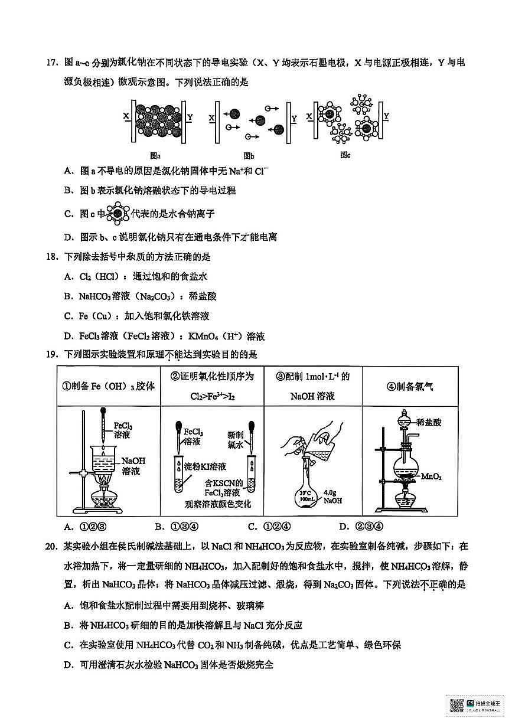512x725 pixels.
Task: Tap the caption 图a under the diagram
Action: click(x=155, y=156)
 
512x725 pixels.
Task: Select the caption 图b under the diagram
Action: click(x=248, y=156)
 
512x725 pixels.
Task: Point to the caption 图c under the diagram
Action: click(x=345, y=155)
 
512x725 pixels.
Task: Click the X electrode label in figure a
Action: click(x=126, y=117)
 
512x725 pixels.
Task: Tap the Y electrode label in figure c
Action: click(x=387, y=115)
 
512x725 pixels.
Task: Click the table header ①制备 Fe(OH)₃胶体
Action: click(x=109, y=386)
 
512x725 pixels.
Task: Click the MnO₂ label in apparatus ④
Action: click(x=445, y=476)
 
